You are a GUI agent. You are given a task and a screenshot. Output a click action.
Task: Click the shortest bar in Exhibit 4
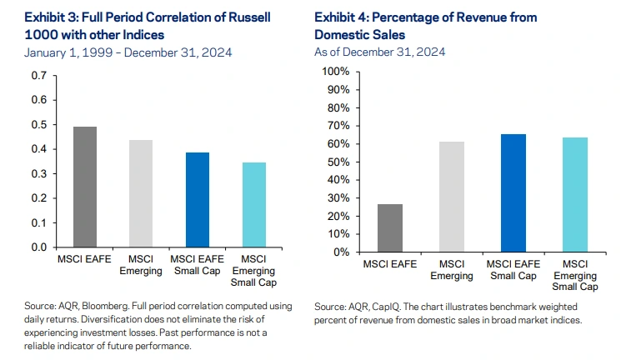389,227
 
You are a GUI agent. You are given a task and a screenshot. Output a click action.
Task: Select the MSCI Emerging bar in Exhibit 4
450,197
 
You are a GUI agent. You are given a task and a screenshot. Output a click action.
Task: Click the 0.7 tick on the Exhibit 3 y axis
40,76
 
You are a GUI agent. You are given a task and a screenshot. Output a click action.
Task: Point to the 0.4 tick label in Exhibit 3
40,149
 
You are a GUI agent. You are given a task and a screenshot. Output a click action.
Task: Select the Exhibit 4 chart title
425,26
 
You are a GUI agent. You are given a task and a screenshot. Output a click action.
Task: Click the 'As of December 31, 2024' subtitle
380,52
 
